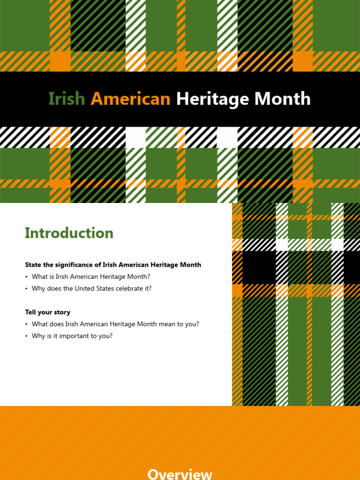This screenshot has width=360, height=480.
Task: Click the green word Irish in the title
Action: pos(67,99)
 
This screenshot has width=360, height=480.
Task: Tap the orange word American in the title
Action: pos(130,99)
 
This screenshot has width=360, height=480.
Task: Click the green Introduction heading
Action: pos(69,233)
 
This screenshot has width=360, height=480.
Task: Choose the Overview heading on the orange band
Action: pos(180,474)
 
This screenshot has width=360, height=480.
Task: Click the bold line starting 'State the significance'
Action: pos(113,265)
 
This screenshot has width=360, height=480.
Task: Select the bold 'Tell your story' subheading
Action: pos(48,312)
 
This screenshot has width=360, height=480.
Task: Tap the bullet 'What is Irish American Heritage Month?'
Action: pos(91,277)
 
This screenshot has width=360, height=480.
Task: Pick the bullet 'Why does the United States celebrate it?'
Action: pos(92,288)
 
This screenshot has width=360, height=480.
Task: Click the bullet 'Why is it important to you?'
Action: pos(72,336)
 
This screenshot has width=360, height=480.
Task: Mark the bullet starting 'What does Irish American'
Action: pos(115,324)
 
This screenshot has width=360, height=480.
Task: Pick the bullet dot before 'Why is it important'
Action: pos(27,336)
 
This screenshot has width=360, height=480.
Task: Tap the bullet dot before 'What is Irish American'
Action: pos(27,277)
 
